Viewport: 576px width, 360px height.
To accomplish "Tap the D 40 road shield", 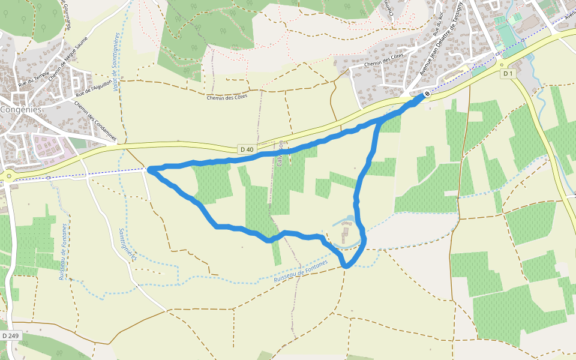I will (x=246, y=149).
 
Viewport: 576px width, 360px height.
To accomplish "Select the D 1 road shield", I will (x=508, y=73).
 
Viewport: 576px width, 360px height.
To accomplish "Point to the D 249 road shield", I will (x=8, y=335).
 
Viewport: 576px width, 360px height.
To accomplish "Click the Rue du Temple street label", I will (x=34, y=79).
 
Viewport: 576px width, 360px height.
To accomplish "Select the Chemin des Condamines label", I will (x=95, y=121).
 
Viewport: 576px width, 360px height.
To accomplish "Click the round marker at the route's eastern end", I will (x=427, y=94).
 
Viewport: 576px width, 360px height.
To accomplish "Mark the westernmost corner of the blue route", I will (x=149, y=170).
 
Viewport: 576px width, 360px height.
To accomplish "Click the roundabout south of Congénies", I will (x=9, y=176).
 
